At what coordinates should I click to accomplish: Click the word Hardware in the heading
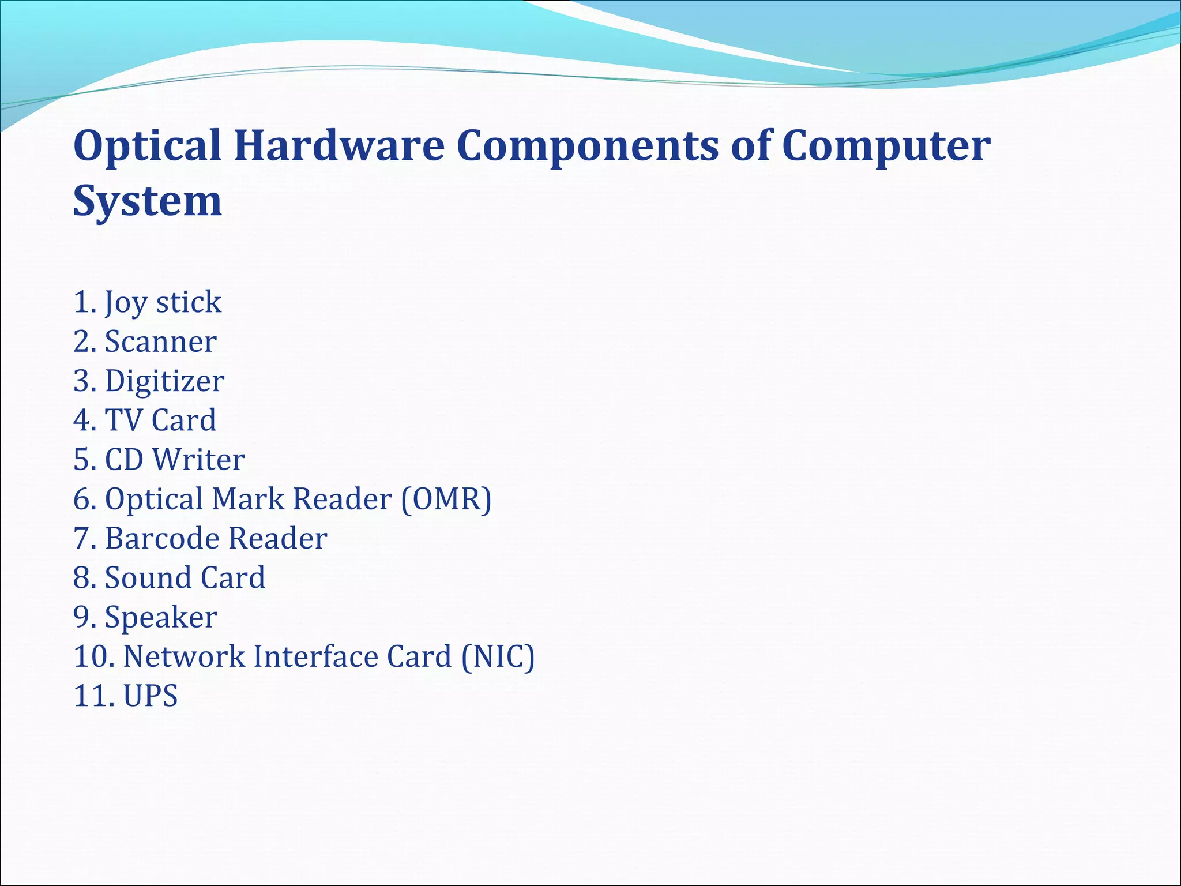coord(339,145)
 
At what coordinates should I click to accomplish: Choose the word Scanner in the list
coord(160,341)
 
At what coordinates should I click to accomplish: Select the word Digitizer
coord(164,381)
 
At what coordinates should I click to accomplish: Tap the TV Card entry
coord(160,420)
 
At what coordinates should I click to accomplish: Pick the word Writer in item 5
coord(198,460)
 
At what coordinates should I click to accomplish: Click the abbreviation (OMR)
coord(446,500)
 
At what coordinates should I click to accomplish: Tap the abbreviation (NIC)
coord(498,657)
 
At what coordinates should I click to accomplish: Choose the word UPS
coord(151,696)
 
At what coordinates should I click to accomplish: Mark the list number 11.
coord(91,696)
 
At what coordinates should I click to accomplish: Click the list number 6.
coord(84,500)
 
